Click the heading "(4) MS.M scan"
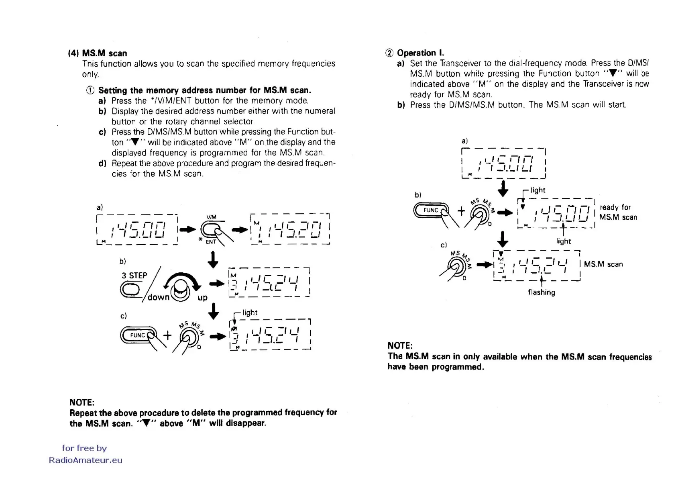[x=98, y=53]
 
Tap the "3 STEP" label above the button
[x=134, y=276]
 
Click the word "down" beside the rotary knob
[x=158, y=297]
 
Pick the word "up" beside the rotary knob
[x=202, y=298]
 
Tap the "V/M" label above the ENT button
[x=211, y=217]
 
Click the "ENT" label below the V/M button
[x=211, y=242]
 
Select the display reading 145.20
[x=290, y=229]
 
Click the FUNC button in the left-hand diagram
[x=138, y=335]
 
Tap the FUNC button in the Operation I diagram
[x=431, y=210]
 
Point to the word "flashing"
[x=542, y=292]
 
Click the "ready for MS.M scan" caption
[x=618, y=212]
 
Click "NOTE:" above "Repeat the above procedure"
[x=82, y=402]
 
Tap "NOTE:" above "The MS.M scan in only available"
[x=400, y=346]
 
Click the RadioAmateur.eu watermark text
[x=86, y=460]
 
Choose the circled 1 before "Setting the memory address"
[x=90, y=90]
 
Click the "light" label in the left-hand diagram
[x=250, y=313]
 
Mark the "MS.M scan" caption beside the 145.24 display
[x=603, y=264]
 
